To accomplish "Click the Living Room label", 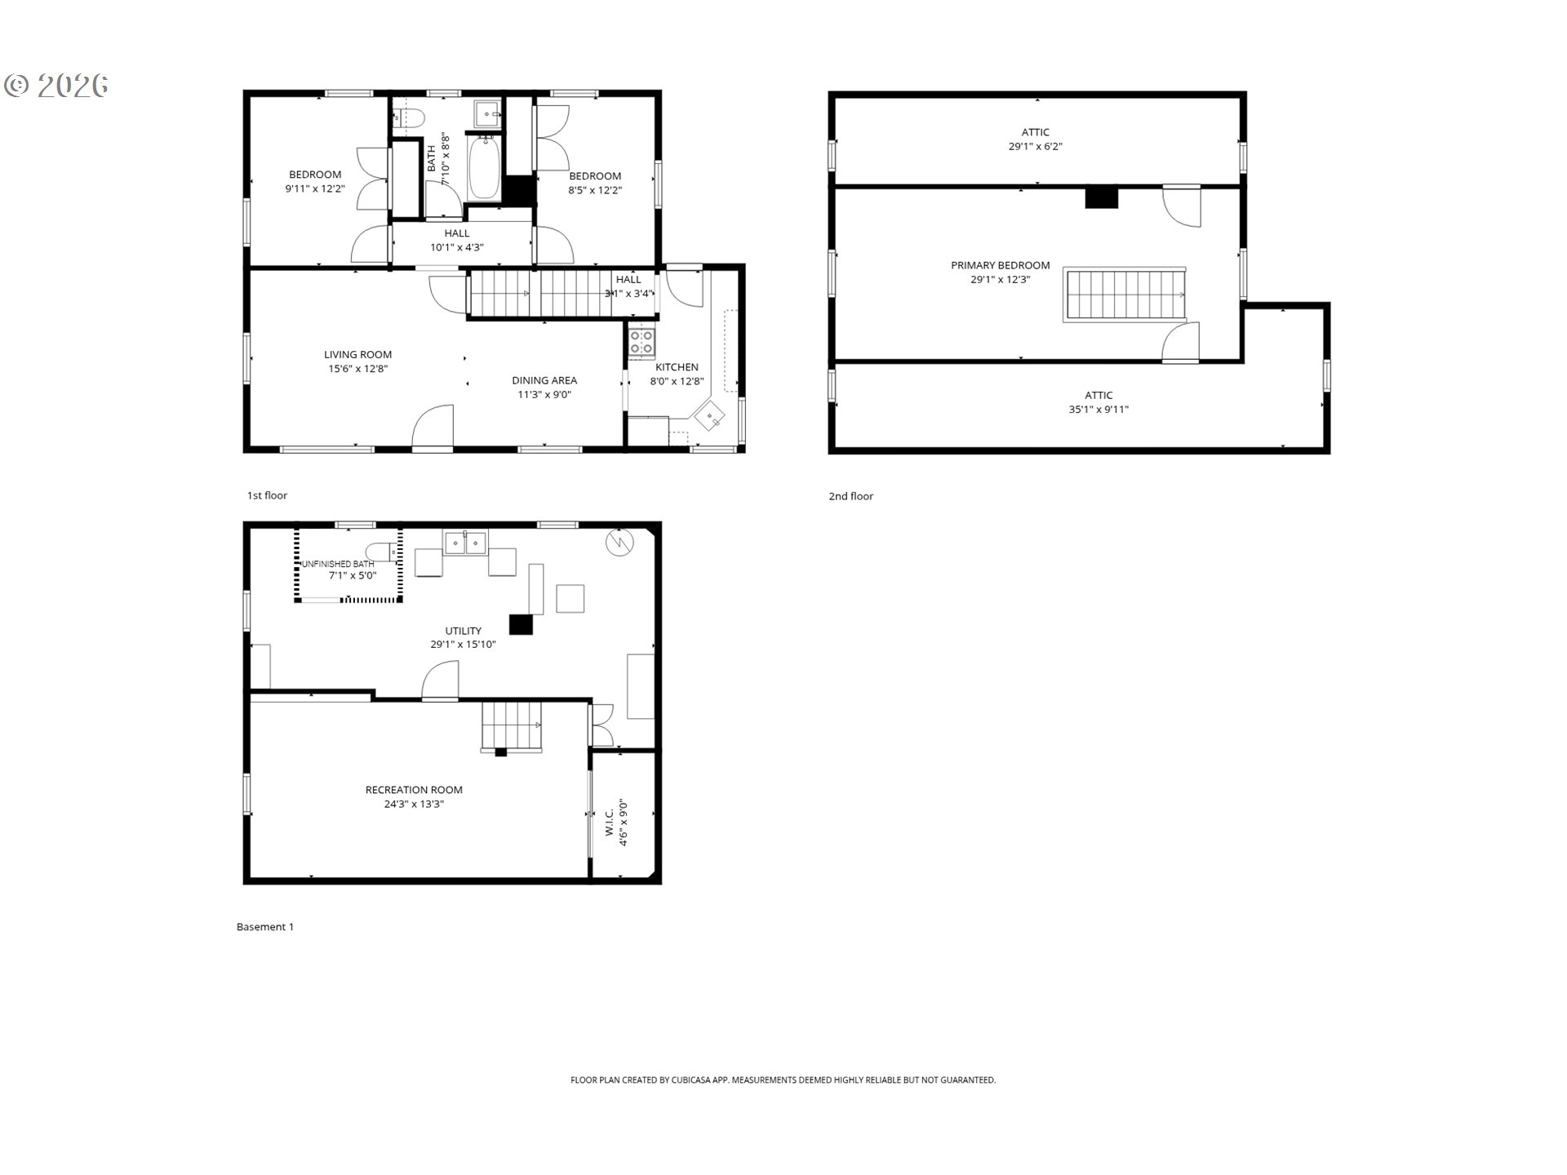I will [x=357, y=354].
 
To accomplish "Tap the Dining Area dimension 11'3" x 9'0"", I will [x=544, y=395].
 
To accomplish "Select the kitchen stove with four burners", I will [x=641, y=342].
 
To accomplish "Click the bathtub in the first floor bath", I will [x=484, y=167].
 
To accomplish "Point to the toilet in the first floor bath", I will [x=408, y=119].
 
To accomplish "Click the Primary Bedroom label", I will [x=1000, y=265].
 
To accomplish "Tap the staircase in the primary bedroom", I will [x=1125, y=295].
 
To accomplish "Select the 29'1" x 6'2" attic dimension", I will [x=1035, y=147].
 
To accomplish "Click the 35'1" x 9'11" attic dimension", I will [x=1098, y=410].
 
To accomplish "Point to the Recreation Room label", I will [x=414, y=790].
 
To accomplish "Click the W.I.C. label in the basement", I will [x=610, y=822].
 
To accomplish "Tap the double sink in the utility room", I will [x=465, y=543].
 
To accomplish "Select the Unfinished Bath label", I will [x=338, y=564].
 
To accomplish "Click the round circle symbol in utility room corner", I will [x=619, y=543].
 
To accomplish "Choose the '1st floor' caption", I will [x=267, y=495].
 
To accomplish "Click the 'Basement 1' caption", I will [x=264, y=927].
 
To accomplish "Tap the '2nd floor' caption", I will [x=850, y=496].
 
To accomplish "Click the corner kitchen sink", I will [x=712, y=418].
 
